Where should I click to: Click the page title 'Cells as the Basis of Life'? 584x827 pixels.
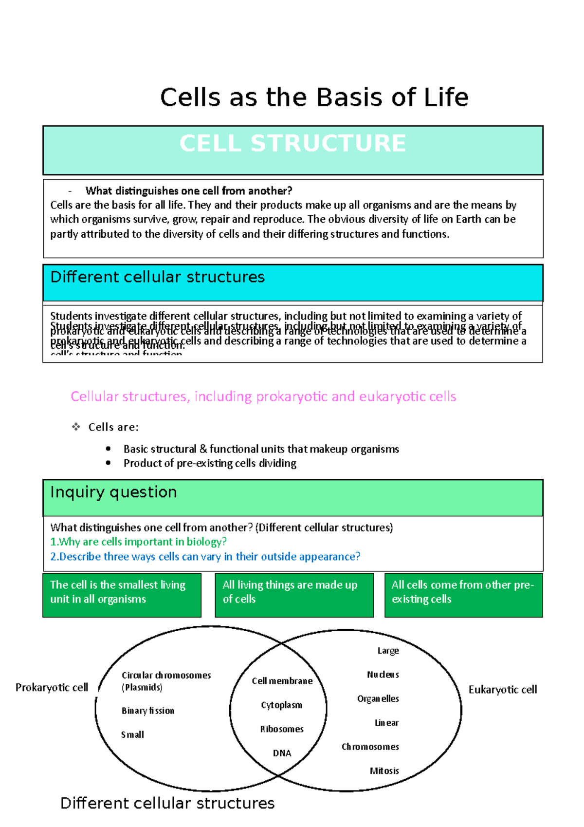(x=314, y=97)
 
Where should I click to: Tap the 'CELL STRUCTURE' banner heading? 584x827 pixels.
(x=292, y=144)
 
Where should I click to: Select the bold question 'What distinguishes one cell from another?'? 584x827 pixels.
(x=188, y=191)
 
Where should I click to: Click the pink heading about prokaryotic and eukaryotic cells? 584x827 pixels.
(x=263, y=396)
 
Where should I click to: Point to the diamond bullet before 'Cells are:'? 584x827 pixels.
(x=76, y=427)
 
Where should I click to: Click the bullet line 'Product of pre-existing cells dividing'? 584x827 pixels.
(x=210, y=463)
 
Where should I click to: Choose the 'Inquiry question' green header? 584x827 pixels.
(x=113, y=492)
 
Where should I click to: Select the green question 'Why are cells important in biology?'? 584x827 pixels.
(x=139, y=542)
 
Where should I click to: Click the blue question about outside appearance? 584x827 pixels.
(x=205, y=556)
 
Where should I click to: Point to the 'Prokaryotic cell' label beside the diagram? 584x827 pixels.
(x=52, y=687)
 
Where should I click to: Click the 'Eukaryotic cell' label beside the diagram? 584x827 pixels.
(x=503, y=690)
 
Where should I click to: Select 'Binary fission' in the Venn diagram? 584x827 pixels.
(x=148, y=711)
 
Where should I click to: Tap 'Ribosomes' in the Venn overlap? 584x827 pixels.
(x=282, y=729)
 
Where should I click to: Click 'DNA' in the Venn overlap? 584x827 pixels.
(x=282, y=753)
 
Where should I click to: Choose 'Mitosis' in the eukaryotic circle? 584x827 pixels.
(x=384, y=771)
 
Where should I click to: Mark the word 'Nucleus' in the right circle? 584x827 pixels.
(x=383, y=675)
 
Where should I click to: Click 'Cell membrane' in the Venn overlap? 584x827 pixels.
(x=282, y=681)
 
